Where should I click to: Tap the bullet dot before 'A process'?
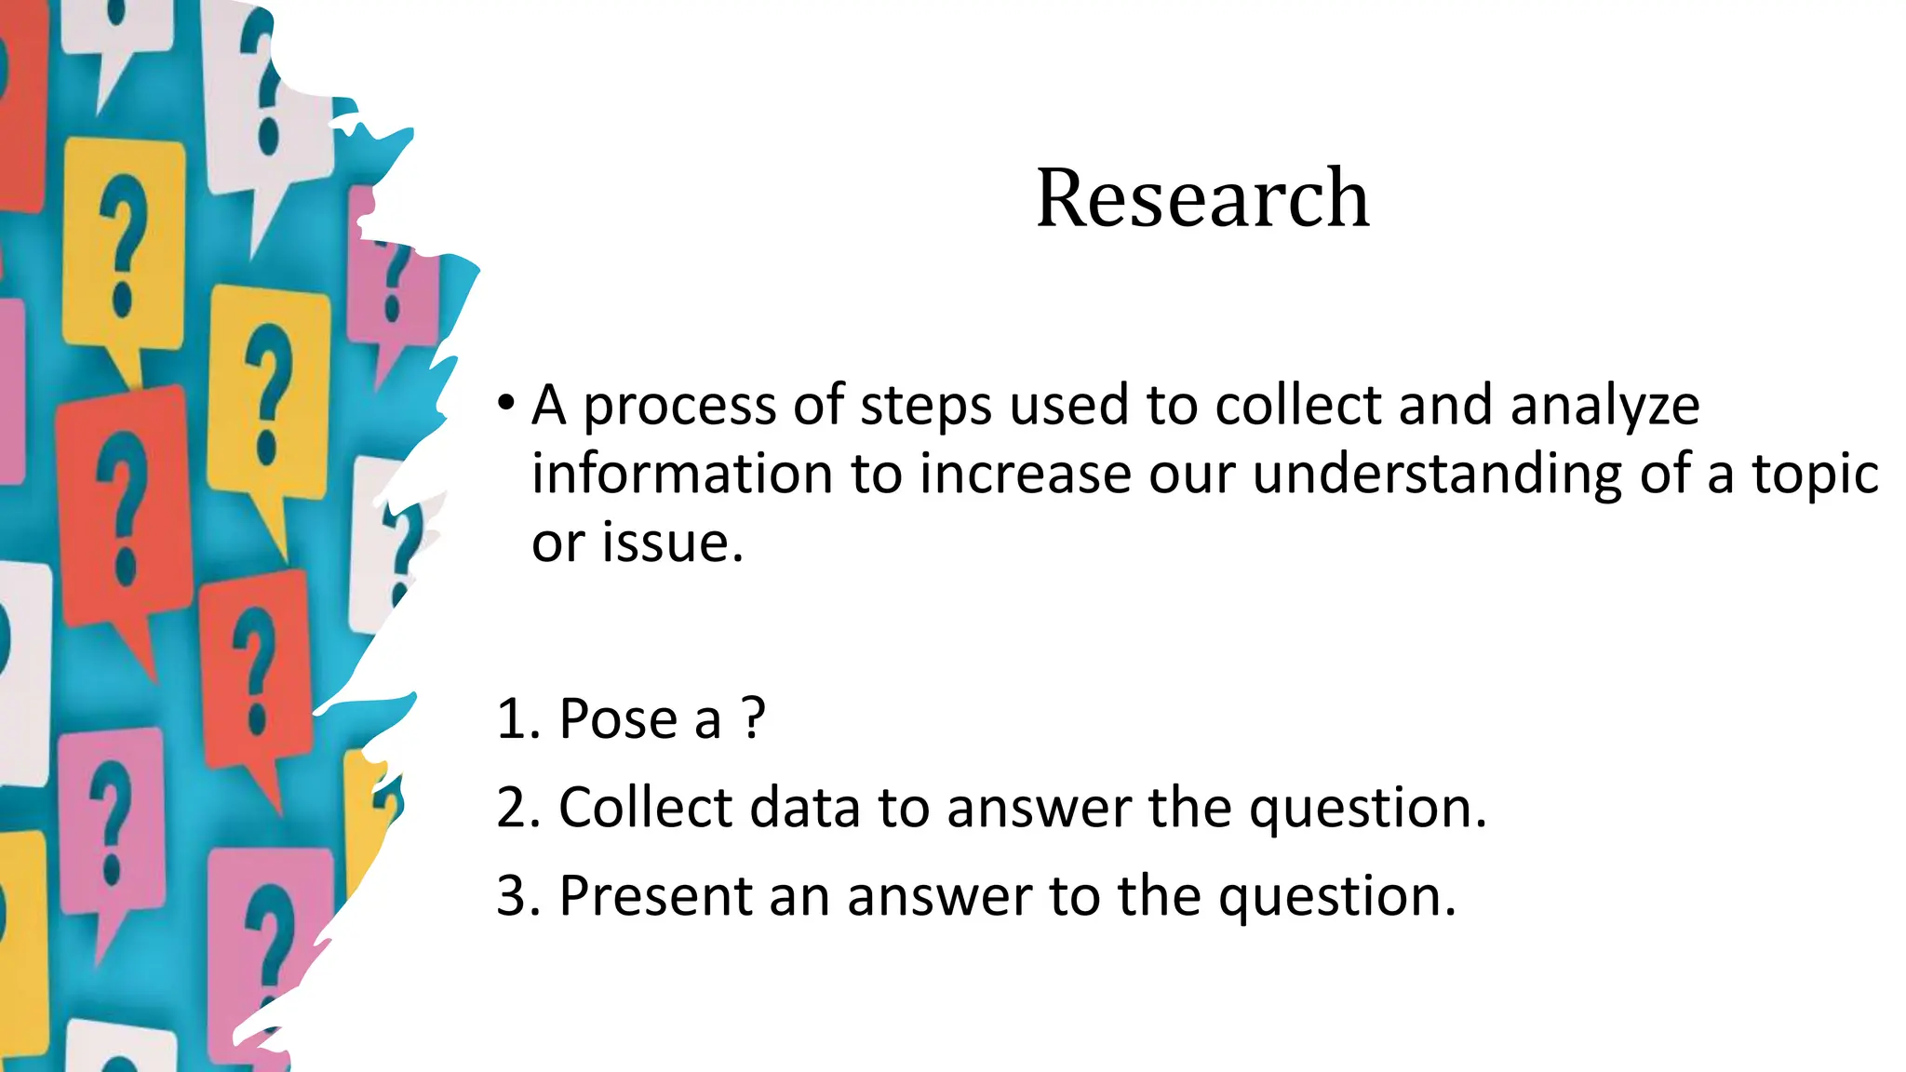(x=505, y=404)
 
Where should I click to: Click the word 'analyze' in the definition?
(x=1604, y=407)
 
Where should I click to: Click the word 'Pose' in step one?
(x=612, y=719)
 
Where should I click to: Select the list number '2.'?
(x=518, y=807)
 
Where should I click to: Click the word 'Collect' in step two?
(x=645, y=807)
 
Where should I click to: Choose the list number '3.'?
(x=518, y=895)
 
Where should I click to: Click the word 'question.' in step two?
(x=1368, y=809)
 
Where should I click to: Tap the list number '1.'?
(x=518, y=719)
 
